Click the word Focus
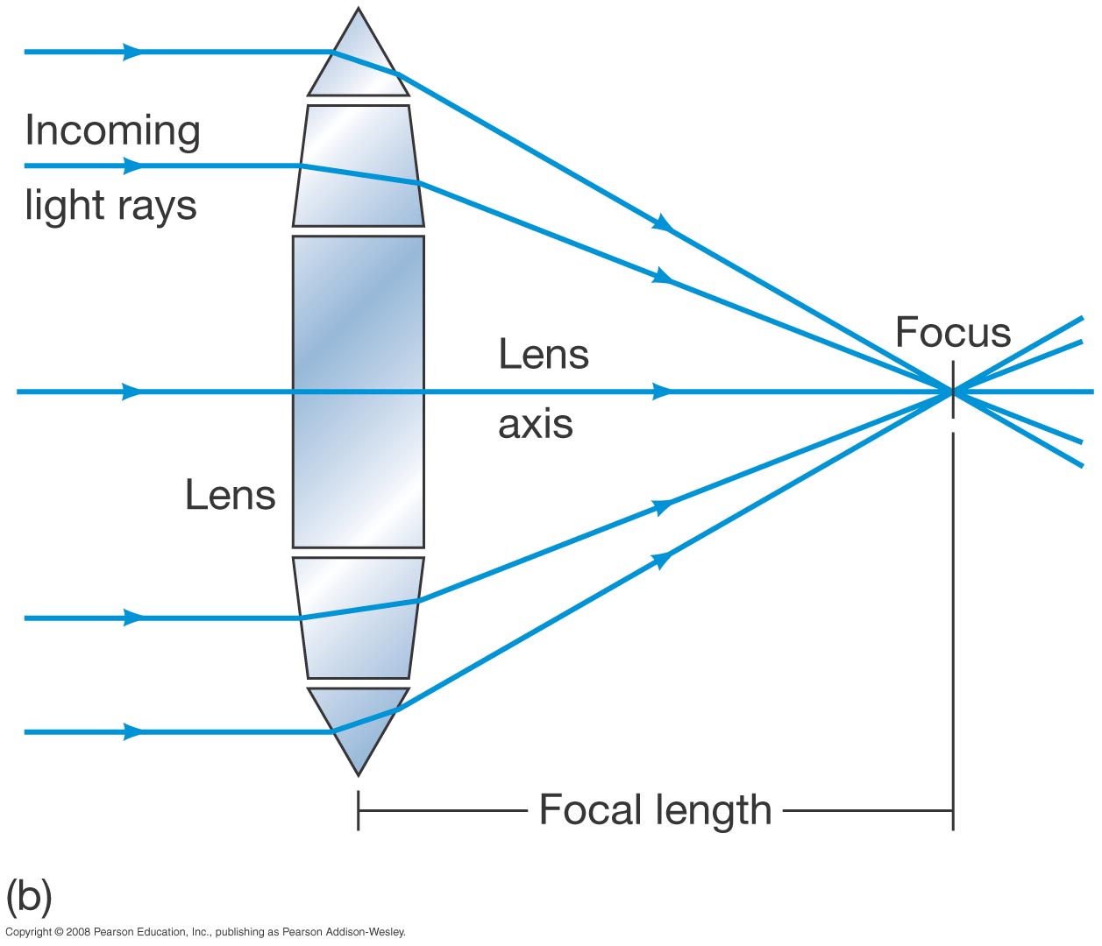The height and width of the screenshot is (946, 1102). click(953, 333)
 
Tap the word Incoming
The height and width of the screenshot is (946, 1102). click(113, 131)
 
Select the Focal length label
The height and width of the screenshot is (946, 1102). click(655, 810)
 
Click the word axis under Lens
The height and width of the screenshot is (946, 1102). click(535, 425)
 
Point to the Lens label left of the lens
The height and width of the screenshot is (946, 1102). click(231, 496)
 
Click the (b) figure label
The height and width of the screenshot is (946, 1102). click(29, 896)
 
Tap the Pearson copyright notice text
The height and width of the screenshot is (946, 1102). click(205, 932)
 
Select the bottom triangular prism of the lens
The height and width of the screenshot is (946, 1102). click(359, 723)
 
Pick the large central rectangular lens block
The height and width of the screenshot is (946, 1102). click(359, 392)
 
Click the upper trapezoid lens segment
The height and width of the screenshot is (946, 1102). click(359, 166)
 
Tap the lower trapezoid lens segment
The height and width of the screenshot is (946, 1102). click(359, 618)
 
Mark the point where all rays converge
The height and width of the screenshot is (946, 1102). click(953, 392)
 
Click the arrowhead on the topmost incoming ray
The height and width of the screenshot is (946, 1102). click(132, 53)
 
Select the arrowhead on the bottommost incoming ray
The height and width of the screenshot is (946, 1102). click(132, 731)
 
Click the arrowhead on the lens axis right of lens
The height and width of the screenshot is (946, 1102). click(663, 392)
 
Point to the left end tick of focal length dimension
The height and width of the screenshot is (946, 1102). click(359, 810)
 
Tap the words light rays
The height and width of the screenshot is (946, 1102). click(110, 207)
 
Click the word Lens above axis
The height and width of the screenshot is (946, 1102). click(544, 355)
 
